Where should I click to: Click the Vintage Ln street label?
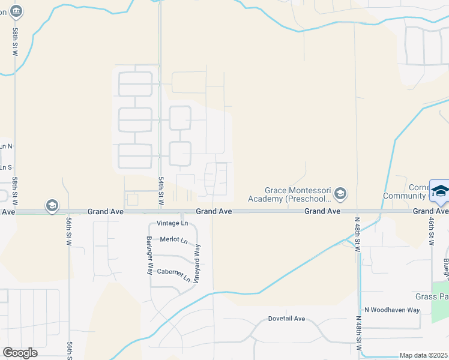[x=172, y=224]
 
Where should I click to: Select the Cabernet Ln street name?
[x=173, y=273]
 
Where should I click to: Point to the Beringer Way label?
[x=149, y=255]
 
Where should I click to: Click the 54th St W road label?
[x=161, y=191]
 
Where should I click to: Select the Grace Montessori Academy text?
[x=298, y=193]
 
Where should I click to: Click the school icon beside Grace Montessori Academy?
[x=340, y=193]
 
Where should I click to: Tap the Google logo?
[x=20, y=353]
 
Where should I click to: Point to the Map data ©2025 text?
[x=424, y=355]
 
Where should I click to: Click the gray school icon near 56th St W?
[x=52, y=206]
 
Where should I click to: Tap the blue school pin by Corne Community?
[x=440, y=190]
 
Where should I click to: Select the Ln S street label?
[x=6, y=167]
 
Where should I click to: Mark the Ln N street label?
[x=6, y=146]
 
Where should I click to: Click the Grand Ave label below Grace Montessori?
[x=322, y=211]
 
